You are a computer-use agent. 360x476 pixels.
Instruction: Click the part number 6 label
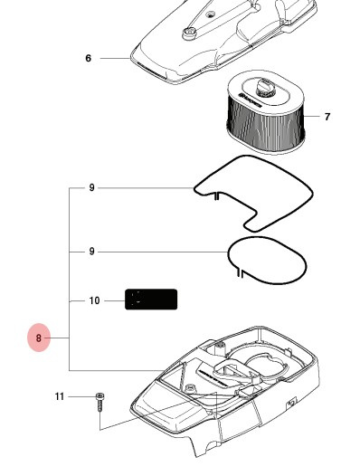tap(89, 58)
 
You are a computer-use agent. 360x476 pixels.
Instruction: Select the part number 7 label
tap(327, 117)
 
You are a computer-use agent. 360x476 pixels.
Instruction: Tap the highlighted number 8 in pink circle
tap(39, 338)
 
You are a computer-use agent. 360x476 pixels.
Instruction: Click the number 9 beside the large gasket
tap(91, 188)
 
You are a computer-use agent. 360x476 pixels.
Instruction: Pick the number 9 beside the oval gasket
tap(91, 252)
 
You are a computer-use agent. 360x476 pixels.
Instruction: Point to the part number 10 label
tap(94, 300)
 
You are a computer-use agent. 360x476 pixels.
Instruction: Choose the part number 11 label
tap(60, 396)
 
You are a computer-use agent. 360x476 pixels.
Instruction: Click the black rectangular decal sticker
tap(151, 300)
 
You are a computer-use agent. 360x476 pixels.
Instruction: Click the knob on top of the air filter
tap(265, 86)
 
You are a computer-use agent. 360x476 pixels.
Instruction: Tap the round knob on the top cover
tap(191, 33)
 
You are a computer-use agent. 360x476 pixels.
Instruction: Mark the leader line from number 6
tap(116, 58)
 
